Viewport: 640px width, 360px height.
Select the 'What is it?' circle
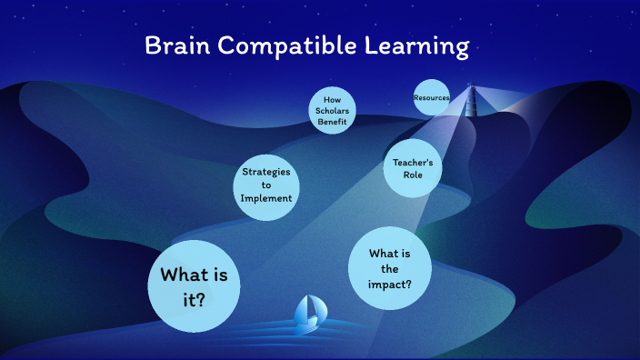pyautogui.click(x=194, y=286)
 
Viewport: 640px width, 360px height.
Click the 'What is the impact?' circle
pyautogui.click(x=390, y=268)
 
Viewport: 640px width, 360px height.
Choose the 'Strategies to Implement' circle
pyautogui.click(x=266, y=185)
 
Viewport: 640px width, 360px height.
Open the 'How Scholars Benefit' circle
pyautogui.click(x=332, y=111)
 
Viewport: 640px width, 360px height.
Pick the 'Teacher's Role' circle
pyautogui.click(x=413, y=168)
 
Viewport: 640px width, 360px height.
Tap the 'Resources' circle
pyautogui.click(x=432, y=97)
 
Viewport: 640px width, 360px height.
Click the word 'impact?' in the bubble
pyautogui.click(x=391, y=284)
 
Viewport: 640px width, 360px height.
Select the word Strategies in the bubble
pyautogui.click(x=266, y=171)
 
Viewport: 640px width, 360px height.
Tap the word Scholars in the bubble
pyautogui.click(x=332, y=111)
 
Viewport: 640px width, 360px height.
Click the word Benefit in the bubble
pyautogui.click(x=332, y=122)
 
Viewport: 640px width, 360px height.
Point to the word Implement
pyautogui.click(x=266, y=198)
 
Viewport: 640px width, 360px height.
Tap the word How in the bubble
pyautogui.click(x=332, y=100)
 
